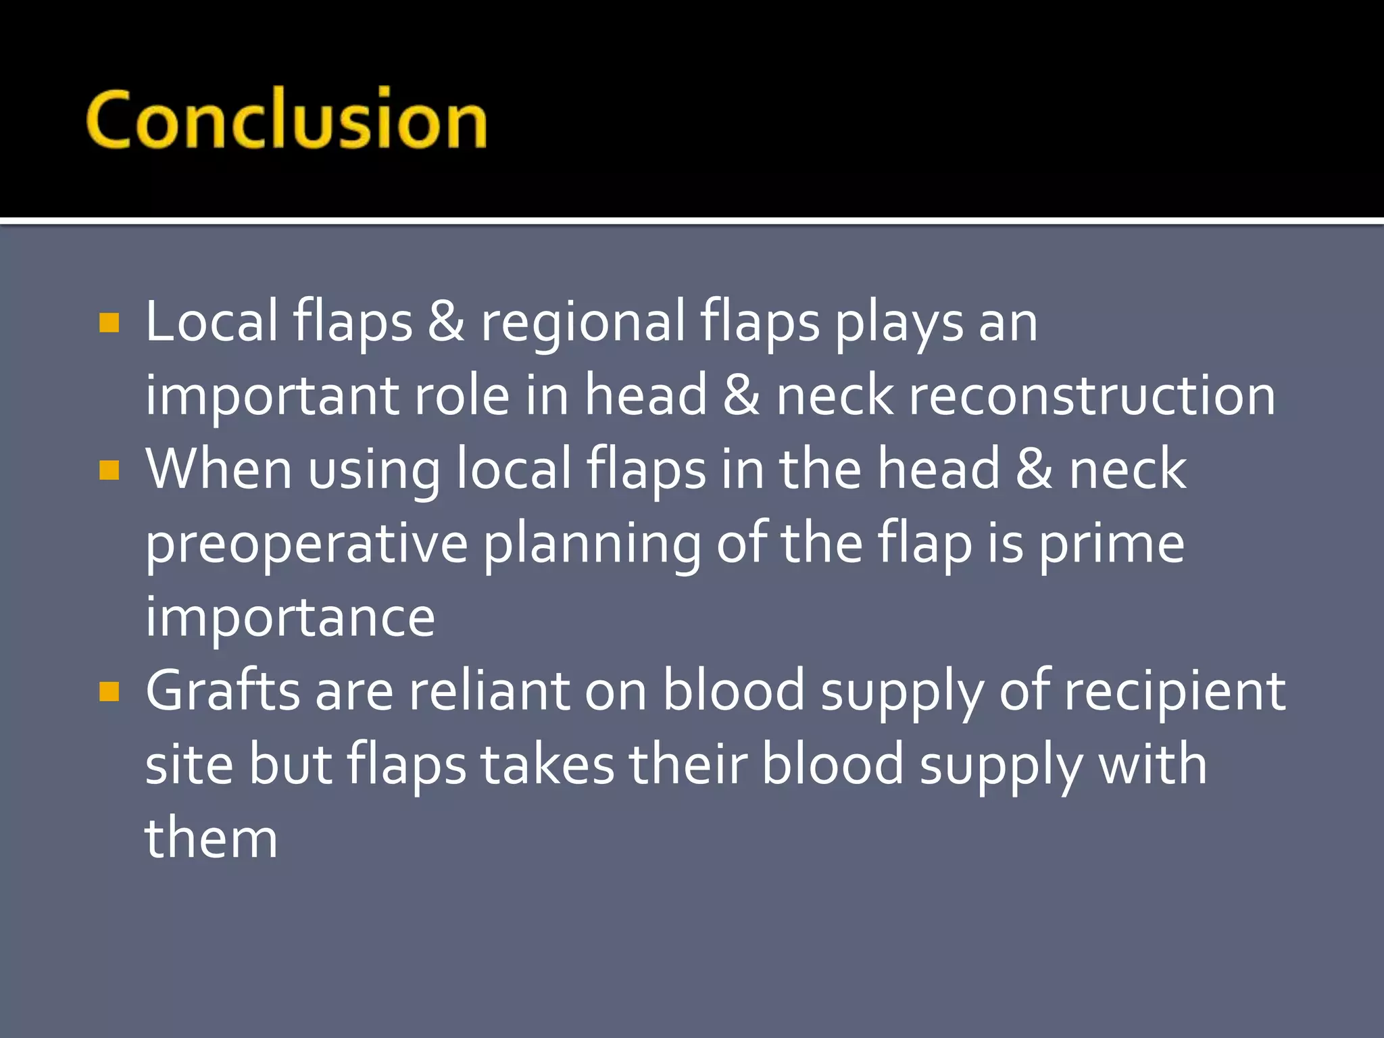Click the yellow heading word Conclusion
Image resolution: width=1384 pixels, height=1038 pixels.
pos(286,120)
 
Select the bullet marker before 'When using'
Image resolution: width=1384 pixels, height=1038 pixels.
pos(109,470)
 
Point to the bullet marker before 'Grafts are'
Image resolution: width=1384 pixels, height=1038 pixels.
pos(109,691)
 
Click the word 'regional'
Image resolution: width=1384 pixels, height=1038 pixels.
pos(583,323)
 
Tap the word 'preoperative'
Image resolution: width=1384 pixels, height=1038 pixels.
pos(306,545)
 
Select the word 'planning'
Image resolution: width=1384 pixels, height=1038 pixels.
pos(592,545)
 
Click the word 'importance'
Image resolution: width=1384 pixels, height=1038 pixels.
pos(290,617)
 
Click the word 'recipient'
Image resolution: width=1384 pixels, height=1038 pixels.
pos(1175,692)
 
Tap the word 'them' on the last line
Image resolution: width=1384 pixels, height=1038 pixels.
pos(211,839)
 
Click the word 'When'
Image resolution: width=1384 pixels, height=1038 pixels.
pos(219,469)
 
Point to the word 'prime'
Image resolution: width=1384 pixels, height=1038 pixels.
pos(1111,545)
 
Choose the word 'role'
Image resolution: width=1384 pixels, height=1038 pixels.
pos(461,396)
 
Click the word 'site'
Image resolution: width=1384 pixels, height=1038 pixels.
pos(189,765)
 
